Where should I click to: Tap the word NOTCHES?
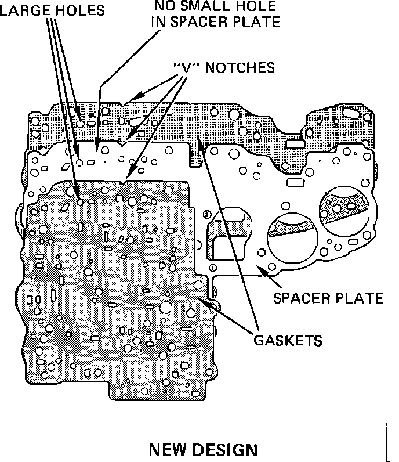[x=238, y=67]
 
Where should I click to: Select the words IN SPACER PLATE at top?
[x=215, y=23]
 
